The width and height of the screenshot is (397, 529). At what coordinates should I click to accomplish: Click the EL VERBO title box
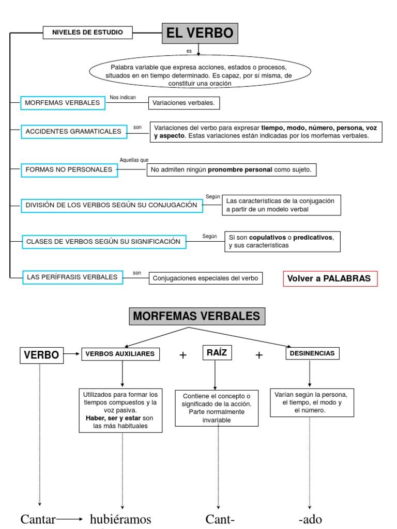(200, 34)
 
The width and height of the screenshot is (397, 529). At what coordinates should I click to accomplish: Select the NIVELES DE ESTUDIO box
(87, 33)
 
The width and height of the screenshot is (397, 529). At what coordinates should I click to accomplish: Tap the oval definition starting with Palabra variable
(200, 75)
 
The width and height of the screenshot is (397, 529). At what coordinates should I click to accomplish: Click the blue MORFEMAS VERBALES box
(63, 103)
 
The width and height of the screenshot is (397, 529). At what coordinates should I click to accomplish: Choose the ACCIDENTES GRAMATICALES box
(73, 132)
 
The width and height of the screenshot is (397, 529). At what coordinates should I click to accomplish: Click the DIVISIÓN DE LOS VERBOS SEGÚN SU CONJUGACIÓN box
(111, 205)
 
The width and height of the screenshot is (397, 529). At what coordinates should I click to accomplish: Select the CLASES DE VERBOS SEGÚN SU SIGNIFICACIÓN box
(103, 241)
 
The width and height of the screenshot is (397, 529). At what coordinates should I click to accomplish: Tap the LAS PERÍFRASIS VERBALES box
(72, 277)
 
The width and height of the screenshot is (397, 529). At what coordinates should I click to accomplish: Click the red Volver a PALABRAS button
(330, 278)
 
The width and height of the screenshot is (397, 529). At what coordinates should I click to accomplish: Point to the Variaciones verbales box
(184, 103)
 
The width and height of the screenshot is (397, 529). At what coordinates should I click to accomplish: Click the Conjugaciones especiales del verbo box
(205, 278)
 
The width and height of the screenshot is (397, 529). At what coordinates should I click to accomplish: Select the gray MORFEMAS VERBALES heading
(197, 316)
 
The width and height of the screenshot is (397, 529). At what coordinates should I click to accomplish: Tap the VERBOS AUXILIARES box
(120, 354)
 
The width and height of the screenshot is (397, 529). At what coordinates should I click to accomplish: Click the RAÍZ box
(217, 353)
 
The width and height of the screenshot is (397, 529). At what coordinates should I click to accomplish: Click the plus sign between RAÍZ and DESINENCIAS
(259, 355)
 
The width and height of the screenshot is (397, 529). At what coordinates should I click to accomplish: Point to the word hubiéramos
(120, 519)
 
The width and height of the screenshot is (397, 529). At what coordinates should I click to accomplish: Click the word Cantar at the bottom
(38, 519)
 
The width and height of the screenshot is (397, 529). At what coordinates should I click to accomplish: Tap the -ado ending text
(310, 519)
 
